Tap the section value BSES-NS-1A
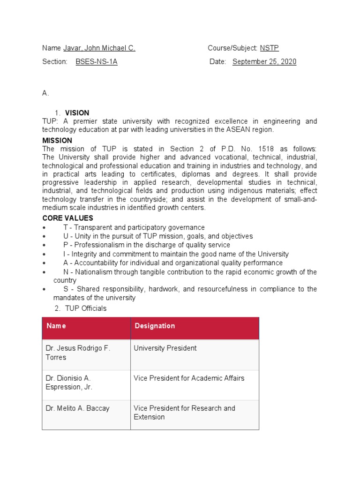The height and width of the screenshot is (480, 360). click(x=96, y=62)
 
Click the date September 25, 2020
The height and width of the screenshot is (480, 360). click(x=264, y=62)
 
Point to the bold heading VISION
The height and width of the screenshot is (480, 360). click(x=77, y=113)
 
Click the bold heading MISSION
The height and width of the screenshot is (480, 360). click(x=57, y=141)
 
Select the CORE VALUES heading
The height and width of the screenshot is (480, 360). click(x=67, y=218)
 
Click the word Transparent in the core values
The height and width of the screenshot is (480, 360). click(x=91, y=228)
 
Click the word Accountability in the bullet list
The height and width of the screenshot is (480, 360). click(x=97, y=263)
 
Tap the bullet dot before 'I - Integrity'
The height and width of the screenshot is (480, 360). click(x=44, y=255)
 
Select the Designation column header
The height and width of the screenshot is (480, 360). click(x=155, y=326)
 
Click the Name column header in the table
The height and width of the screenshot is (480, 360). click(x=56, y=326)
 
